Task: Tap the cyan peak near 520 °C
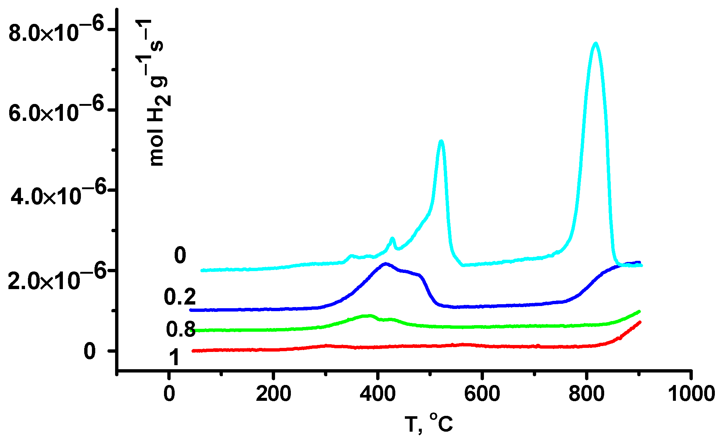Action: pos(441,141)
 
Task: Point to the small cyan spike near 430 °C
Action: pos(392,239)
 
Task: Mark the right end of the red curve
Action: pos(640,322)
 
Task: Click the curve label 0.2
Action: pos(180,297)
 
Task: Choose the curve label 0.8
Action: pos(181,329)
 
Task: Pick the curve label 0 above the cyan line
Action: pos(180,255)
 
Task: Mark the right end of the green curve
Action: pos(639,311)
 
